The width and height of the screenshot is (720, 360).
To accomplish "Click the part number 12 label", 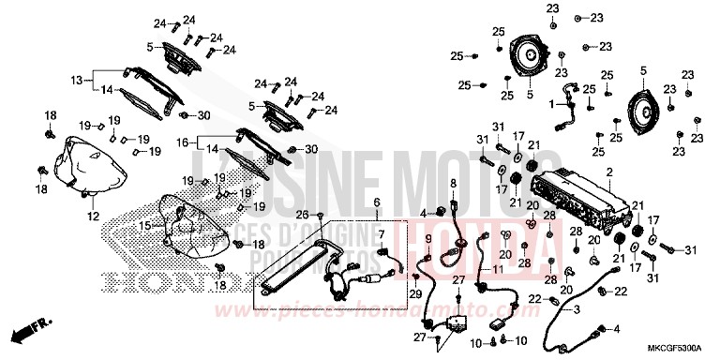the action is coord(93,217).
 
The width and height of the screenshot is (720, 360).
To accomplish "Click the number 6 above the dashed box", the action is coord(378,202).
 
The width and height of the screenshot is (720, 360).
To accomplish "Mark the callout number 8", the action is coord(452,183).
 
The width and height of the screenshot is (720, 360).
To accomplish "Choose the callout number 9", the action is coord(428,239).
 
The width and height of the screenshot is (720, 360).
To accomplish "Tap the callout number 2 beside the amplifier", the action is coord(609,172).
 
